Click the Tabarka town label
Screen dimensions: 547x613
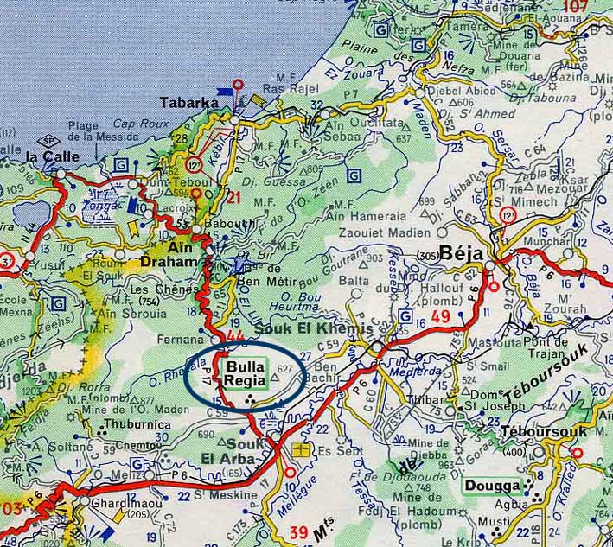[x=189, y=103]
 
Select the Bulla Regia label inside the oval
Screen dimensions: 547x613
[x=245, y=374]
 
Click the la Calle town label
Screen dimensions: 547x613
[x=53, y=156]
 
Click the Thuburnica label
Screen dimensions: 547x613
[x=131, y=425]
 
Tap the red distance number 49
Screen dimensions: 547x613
[x=441, y=317]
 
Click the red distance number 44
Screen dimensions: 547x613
[x=234, y=336]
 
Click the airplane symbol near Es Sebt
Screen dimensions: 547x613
[x=300, y=450]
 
